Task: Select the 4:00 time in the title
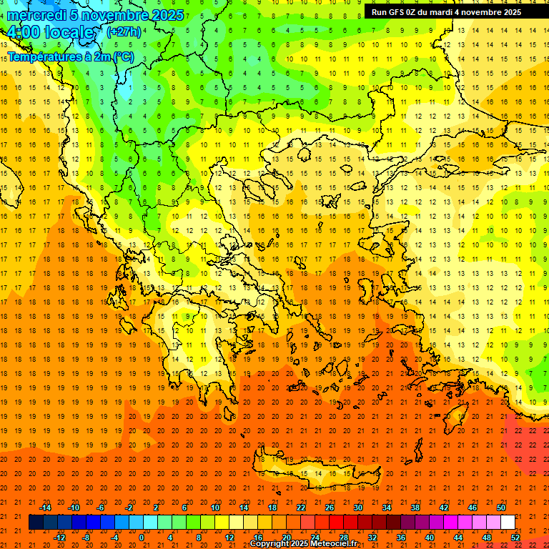point(23,33)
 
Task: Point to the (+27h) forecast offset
point(124,32)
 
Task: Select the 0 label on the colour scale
point(141,538)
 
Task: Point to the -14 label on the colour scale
point(45,508)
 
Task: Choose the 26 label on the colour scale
point(330,508)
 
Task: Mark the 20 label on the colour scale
point(286,538)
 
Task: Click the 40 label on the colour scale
point(430,538)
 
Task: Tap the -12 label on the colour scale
point(59,538)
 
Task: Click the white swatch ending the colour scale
point(508,523)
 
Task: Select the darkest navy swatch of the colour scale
point(36,523)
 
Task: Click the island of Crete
point(315,473)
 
